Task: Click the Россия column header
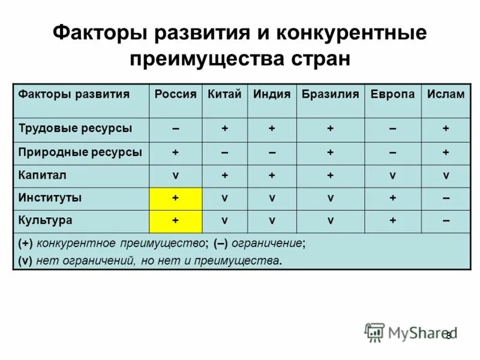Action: tap(176, 94)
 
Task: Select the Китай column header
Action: tap(224, 94)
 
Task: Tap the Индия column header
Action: tap(271, 94)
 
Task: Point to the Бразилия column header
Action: tap(330, 94)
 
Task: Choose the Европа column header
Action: tap(392, 94)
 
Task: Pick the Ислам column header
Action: tap(446, 94)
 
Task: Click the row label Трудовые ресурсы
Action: tap(76, 128)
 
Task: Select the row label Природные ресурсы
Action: tap(80, 152)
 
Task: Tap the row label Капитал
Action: tap(42, 175)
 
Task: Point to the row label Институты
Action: tap(50, 197)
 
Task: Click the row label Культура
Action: tap(46, 220)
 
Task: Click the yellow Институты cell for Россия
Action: tap(175, 198)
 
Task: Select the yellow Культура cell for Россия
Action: tap(175, 221)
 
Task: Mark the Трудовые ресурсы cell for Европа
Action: tap(392, 129)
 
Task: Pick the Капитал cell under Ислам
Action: tap(446, 175)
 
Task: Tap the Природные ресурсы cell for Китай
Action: tap(224, 152)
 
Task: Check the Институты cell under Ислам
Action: tap(446, 198)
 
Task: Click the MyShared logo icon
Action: tap(374, 332)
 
